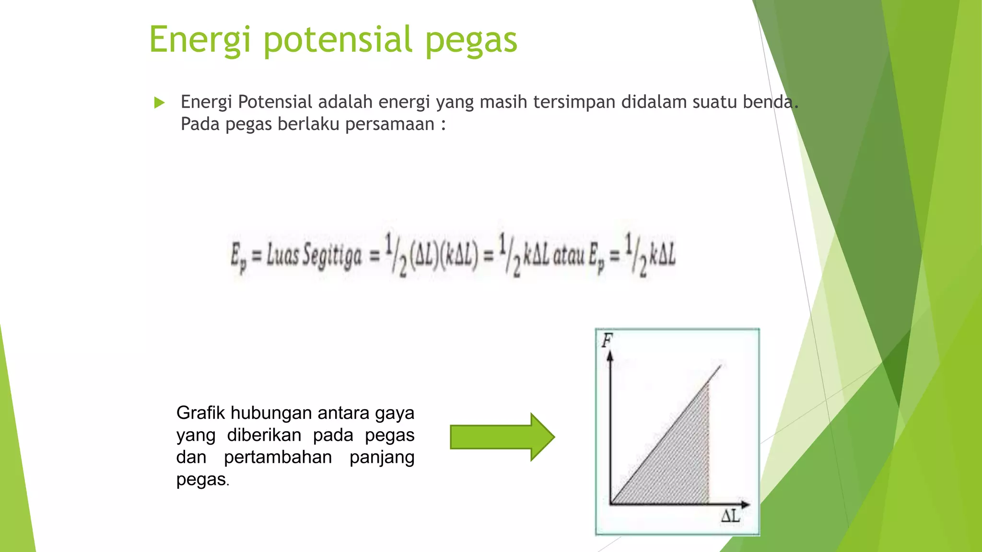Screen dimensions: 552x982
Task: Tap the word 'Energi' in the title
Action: click(199, 40)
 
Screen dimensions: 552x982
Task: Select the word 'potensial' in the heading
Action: click(338, 40)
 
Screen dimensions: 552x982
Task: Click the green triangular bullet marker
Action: click(160, 103)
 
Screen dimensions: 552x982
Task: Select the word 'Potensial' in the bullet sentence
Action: click(275, 102)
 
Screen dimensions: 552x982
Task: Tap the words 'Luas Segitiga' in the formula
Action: click(314, 255)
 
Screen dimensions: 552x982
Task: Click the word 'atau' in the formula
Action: click(569, 255)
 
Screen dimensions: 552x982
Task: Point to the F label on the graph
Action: click(607, 341)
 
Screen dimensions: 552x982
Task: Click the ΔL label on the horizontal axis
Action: click(730, 517)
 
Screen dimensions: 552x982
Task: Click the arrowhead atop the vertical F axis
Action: click(610, 356)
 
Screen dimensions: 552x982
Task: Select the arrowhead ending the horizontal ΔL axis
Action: click(745, 504)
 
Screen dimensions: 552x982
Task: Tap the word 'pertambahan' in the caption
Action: click(278, 457)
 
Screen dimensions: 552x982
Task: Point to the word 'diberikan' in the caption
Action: click(264, 435)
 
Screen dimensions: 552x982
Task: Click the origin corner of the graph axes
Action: click(610, 504)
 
